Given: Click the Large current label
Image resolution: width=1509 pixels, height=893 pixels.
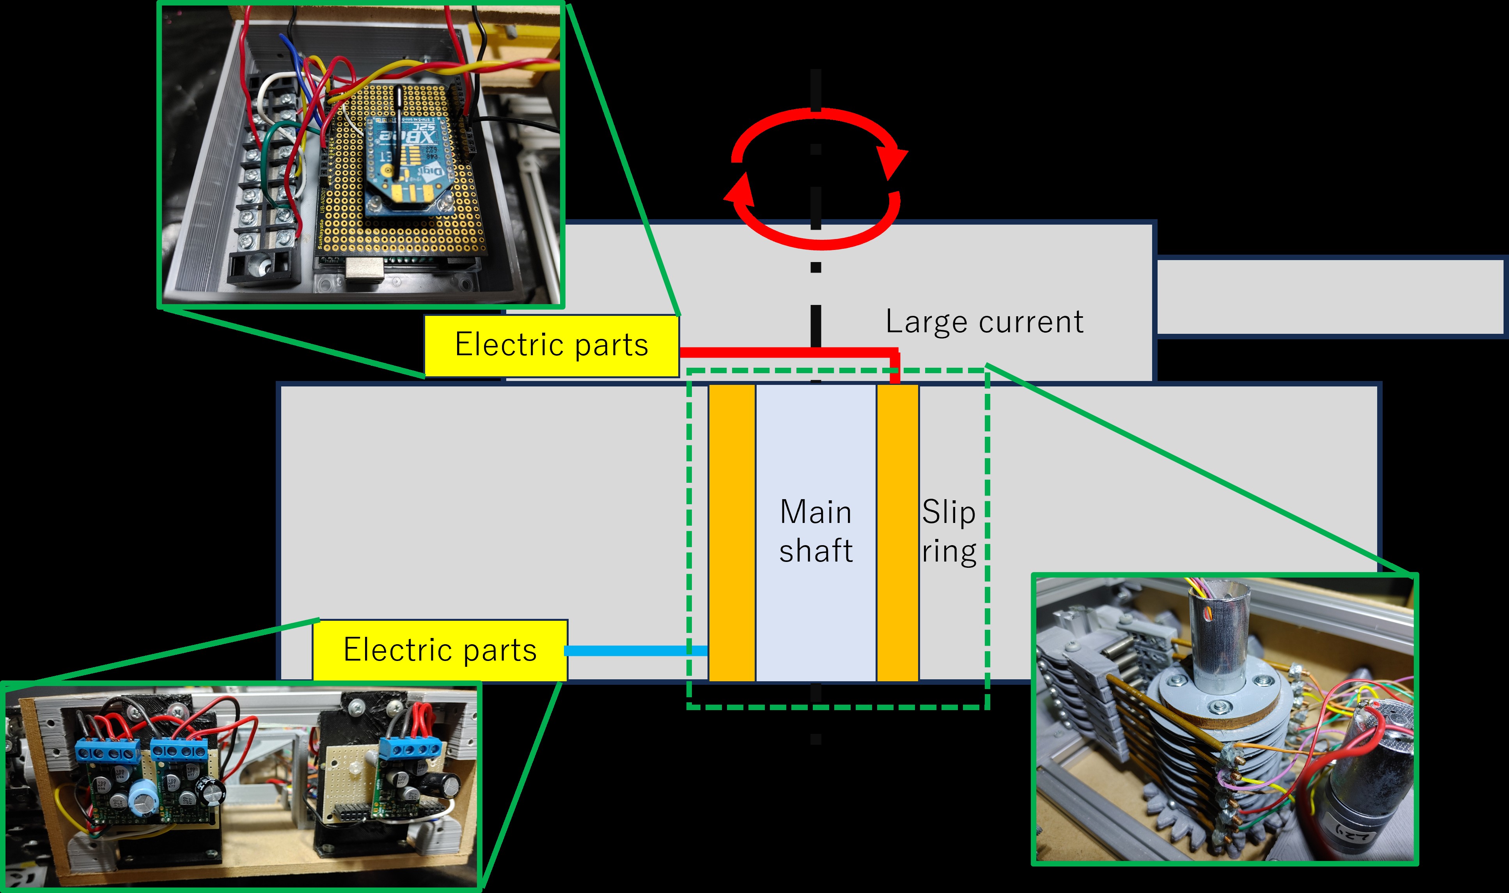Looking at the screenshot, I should (x=984, y=322).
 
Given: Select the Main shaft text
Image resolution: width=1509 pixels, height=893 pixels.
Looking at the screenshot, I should (x=816, y=532).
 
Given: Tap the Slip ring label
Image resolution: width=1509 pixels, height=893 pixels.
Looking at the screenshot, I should (x=949, y=532).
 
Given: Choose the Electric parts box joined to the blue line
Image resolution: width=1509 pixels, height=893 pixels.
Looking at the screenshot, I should (x=440, y=650).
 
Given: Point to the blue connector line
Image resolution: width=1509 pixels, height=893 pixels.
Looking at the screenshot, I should (x=637, y=650).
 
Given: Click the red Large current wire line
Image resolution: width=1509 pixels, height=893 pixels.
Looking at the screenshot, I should (x=788, y=351).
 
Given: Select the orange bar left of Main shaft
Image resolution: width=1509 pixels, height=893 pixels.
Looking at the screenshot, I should (x=732, y=533).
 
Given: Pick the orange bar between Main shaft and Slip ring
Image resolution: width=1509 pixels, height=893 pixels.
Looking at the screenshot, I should (x=897, y=533).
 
